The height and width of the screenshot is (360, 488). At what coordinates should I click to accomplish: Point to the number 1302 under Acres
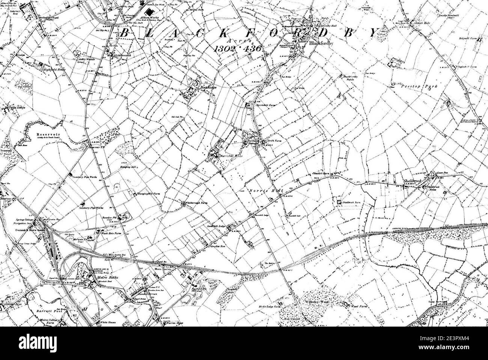[226, 48]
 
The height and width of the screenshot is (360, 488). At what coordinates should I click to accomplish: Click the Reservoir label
[46, 134]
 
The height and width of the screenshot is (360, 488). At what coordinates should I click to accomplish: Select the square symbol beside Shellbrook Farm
[339, 202]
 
